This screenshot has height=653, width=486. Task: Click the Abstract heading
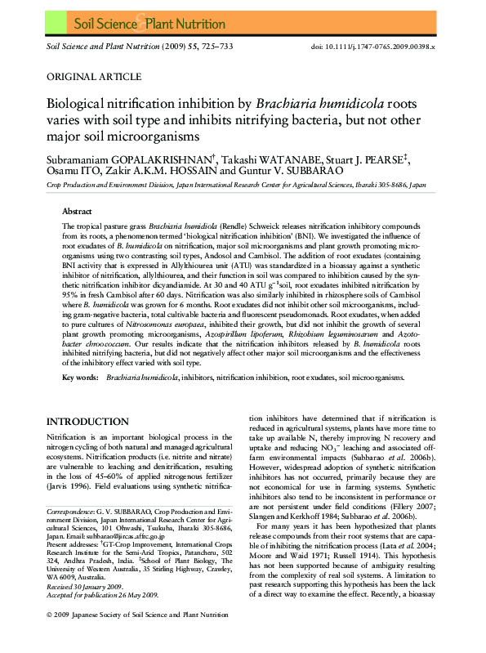(x=77, y=211)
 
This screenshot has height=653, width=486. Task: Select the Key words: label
(x=81, y=378)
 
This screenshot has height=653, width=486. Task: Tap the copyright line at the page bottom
(x=142, y=636)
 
